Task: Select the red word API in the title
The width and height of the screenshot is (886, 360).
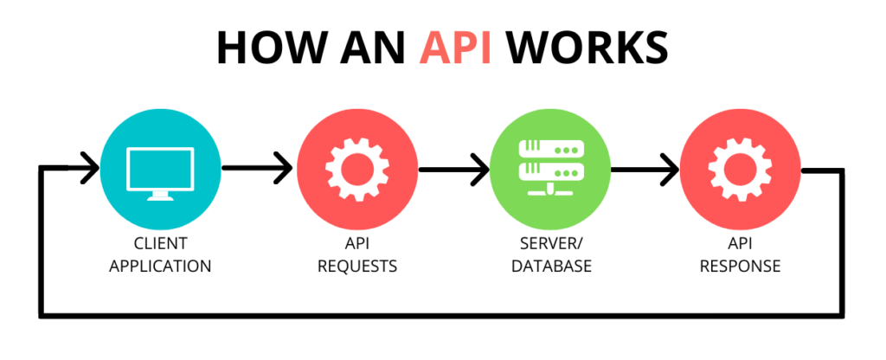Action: coord(456,48)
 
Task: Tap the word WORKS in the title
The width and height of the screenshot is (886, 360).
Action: coord(589,48)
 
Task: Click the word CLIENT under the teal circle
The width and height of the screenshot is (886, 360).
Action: coord(161,244)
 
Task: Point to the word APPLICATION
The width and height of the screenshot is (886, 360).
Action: coord(161,266)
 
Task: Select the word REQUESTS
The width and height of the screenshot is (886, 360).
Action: coord(356,266)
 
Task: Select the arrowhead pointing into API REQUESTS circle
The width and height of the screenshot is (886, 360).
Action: coord(284,168)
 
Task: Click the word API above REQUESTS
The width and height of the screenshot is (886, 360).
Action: coord(356,244)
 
